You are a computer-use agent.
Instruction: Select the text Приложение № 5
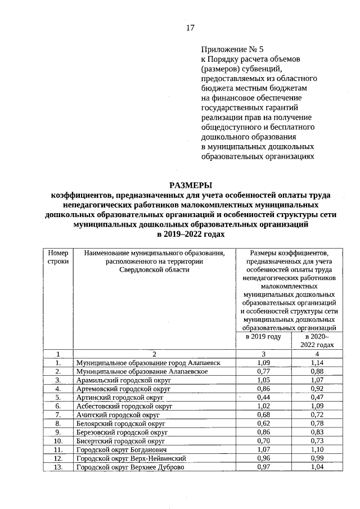click(232, 49)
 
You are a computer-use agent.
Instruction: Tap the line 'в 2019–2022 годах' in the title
click(191, 234)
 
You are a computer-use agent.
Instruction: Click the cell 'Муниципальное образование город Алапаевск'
click(148, 363)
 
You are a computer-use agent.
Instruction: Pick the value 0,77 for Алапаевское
click(263, 371)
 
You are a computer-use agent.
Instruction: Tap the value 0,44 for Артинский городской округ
click(263, 398)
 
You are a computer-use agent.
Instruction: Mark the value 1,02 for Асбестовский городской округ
click(263, 406)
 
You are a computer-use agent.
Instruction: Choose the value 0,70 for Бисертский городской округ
click(263, 442)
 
